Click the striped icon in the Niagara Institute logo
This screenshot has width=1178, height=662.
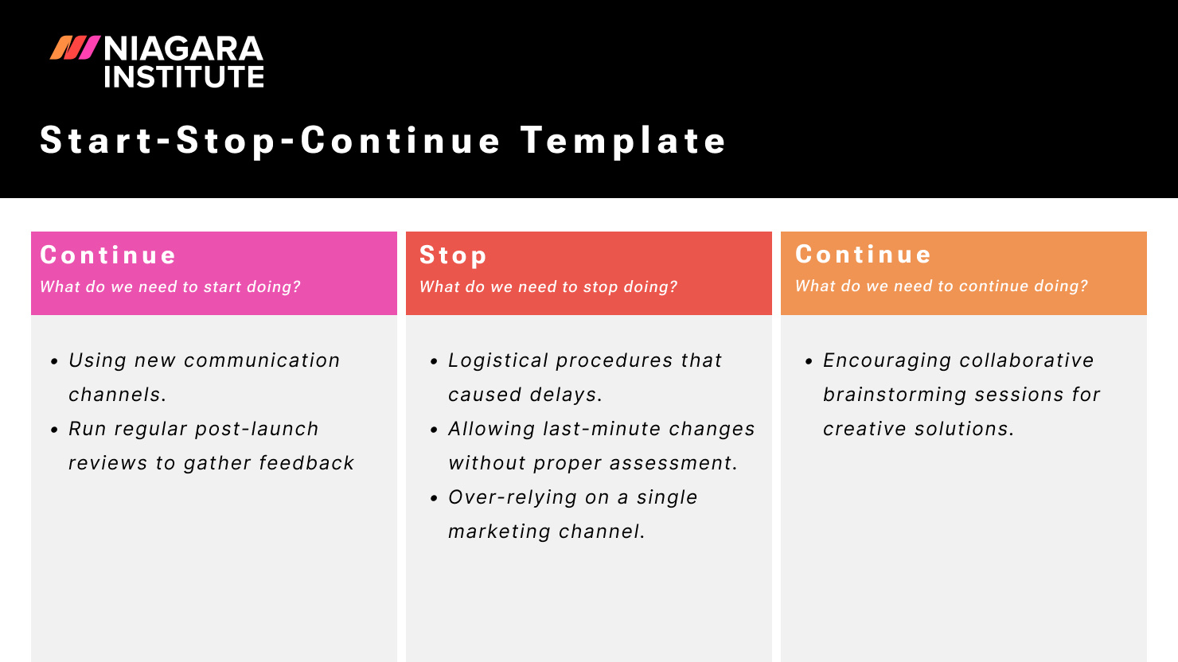[x=75, y=49]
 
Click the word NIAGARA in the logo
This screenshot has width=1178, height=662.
[x=183, y=49]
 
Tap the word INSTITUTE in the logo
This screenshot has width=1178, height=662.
[x=183, y=77]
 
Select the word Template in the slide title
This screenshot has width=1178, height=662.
[x=623, y=141]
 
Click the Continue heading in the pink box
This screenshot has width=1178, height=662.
[x=108, y=255]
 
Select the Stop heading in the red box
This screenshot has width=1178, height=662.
[x=453, y=255]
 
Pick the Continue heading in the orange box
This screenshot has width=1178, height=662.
[x=864, y=255]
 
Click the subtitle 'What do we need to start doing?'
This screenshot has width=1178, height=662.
[x=170, y=287]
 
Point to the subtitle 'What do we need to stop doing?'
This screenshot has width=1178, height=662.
[x=548, y=287]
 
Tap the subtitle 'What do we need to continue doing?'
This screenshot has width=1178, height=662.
[x=942, y=286]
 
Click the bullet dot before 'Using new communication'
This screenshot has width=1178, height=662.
[x=54, y=361]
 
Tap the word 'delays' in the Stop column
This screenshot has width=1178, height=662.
[x=565, y=395]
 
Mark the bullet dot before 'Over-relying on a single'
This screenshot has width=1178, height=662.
[x=434, y=498]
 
